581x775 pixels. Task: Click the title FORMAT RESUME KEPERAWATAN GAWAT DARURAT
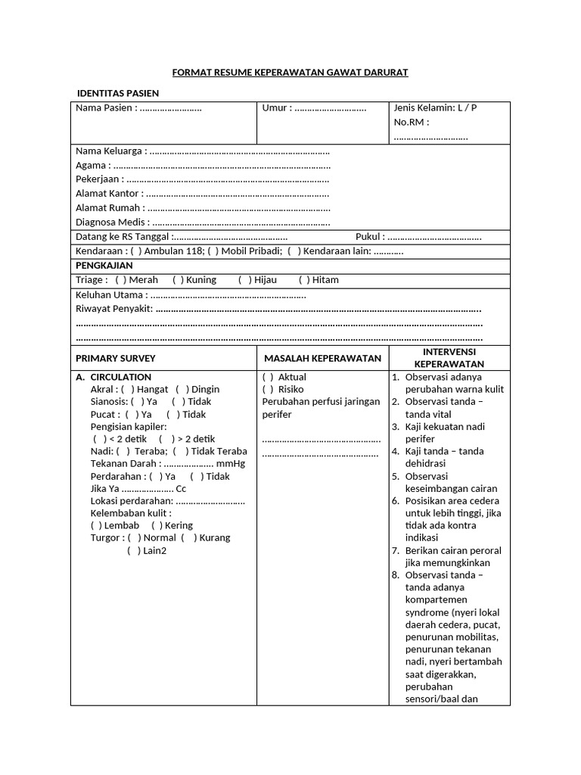[290, 72]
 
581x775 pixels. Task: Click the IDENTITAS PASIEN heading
[118, 92]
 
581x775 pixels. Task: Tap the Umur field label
[276, 107]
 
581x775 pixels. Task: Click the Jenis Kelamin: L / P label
[435, 107]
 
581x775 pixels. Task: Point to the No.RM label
[411, 122]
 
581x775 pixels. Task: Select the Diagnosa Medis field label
[112, 223]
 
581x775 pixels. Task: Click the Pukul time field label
[370, 237]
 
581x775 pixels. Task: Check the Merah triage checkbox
[120, 280]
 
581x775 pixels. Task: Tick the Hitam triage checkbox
[304, 280]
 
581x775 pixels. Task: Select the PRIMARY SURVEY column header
[116, 358]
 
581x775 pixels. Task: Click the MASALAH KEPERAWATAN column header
[322, 358]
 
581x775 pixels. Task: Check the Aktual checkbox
[268, 377]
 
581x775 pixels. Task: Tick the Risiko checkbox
[268, 389]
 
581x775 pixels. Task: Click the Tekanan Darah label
[125, 463]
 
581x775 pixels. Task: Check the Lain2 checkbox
[133, 550]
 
